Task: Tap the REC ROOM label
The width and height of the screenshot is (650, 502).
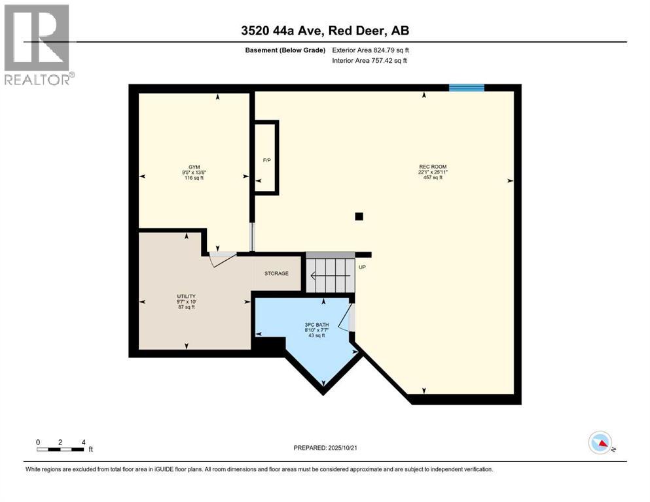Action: click(x=433, y=167)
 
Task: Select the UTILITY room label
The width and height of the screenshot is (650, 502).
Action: click(x=187, y=296)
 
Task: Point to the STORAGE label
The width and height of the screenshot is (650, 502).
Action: click(x=276, y=273)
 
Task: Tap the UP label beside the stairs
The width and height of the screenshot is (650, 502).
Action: click(x=361, y=267)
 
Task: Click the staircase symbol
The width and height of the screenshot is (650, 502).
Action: click(x=330, y=273)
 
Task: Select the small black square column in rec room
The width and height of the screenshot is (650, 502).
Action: click(x=358, y=216)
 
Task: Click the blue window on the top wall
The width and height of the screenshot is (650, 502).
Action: click(x=467, y=88)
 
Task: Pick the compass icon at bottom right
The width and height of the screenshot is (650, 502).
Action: click(x=600, y=443)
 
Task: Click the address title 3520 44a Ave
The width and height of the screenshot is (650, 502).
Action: click(x=325, y=31)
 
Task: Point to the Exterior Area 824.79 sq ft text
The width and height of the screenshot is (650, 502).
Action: click(x=370, y=50)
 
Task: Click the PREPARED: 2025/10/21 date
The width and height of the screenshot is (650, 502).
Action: click(x=325, y=448)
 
